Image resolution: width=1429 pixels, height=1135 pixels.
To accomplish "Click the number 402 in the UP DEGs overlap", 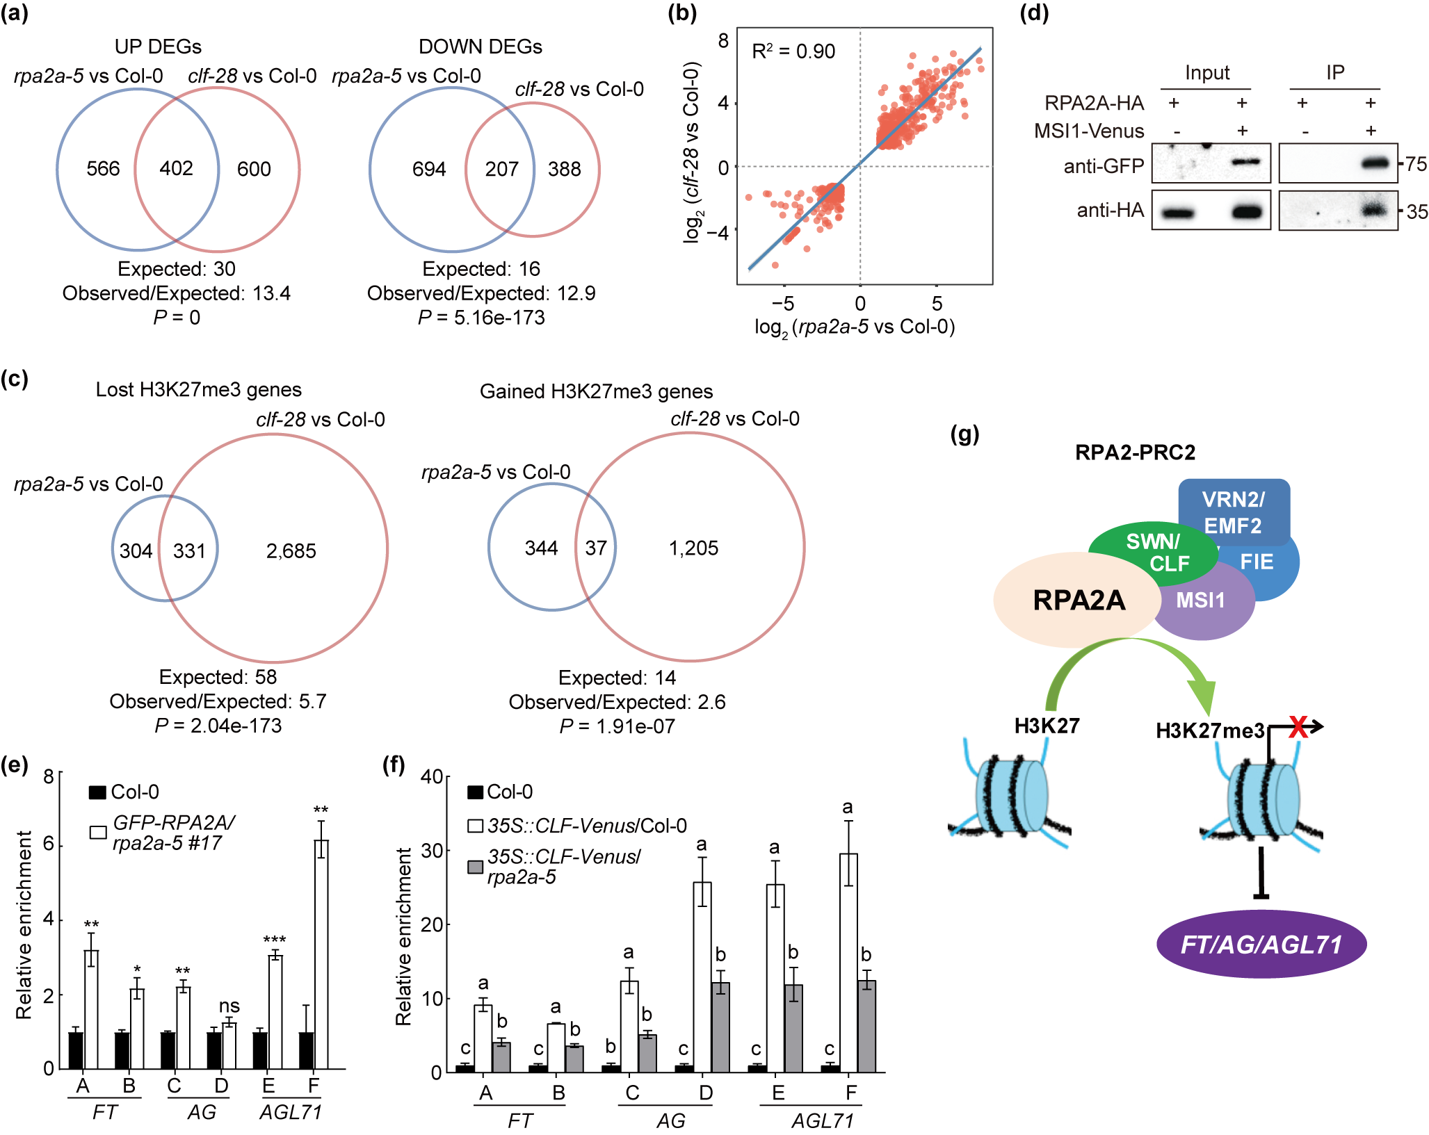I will [176, 169].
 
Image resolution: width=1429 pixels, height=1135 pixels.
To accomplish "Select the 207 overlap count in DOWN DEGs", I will [501, 170].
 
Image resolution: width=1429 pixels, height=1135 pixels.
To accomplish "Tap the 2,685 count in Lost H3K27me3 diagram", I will [291, 551].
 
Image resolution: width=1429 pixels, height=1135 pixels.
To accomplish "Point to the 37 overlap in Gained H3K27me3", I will [596, 548].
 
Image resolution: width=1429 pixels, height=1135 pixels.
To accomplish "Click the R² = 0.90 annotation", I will [793, 51].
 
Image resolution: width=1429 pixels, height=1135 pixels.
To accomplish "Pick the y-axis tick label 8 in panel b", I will [723, 41].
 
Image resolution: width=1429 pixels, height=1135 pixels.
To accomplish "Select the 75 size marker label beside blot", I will [1416, 165].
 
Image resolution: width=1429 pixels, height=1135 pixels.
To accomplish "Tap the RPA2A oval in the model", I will [1079, 600].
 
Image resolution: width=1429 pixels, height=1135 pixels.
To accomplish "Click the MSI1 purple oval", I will [1201, 601].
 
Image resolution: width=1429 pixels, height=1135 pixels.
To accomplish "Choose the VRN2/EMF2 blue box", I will [1234, 512].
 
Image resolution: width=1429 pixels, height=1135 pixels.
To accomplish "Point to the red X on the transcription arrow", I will [1298, 727].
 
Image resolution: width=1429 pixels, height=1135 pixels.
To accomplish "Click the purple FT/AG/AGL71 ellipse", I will [1261, 945].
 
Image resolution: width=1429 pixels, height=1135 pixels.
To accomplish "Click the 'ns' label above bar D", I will [229, 1006].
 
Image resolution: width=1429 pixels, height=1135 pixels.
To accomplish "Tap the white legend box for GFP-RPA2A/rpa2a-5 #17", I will [98, 832].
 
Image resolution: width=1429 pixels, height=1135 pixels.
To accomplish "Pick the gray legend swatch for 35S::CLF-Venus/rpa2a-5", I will [476, 867].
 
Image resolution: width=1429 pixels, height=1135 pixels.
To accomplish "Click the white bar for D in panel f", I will [702, 977].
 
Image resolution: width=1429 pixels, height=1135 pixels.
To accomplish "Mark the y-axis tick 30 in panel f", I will [431, 851].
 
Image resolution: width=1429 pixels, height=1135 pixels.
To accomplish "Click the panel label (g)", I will [964, 434].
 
